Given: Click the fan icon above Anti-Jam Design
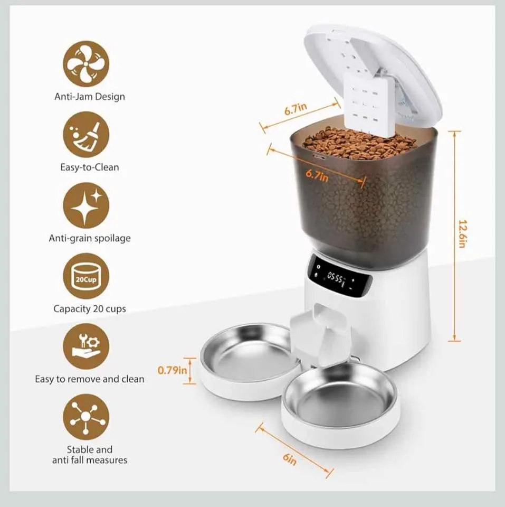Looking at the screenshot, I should [x=86, y=64].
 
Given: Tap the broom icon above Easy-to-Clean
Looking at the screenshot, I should [x=86, y=135].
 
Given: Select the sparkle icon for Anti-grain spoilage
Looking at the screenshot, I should [x=86, y=205].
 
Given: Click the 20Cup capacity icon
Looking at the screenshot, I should [x=86, y=276].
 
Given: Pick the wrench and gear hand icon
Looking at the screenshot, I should [x=86, y=347].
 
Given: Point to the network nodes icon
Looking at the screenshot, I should [x=86, y=417].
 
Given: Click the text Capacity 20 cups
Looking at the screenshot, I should [x=90, y=308].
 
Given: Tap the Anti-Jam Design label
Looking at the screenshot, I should [x=90, y=97].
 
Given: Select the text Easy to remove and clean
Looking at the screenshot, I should [x=90, y=379].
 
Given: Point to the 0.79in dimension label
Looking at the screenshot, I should [x=173, y=369].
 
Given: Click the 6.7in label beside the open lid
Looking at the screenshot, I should [x=296, y=110].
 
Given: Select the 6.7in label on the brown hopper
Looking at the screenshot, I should [x=317, y=175].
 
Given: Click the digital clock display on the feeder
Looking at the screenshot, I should [x=338, y=276].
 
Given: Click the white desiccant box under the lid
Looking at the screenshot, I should [x=365, y=100].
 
